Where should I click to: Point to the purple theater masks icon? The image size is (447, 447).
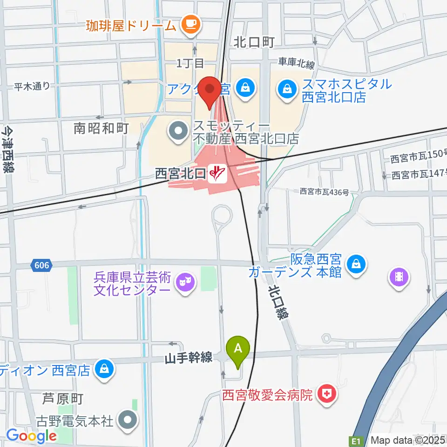click(185, 283)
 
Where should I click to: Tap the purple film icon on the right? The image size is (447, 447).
click(399, 278)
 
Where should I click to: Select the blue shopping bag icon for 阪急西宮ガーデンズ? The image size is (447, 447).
click(356, 264)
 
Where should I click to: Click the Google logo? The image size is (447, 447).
click(31, 436)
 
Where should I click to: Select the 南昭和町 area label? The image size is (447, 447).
click(102, 129)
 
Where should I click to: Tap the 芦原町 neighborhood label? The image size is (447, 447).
click(62, 399)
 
